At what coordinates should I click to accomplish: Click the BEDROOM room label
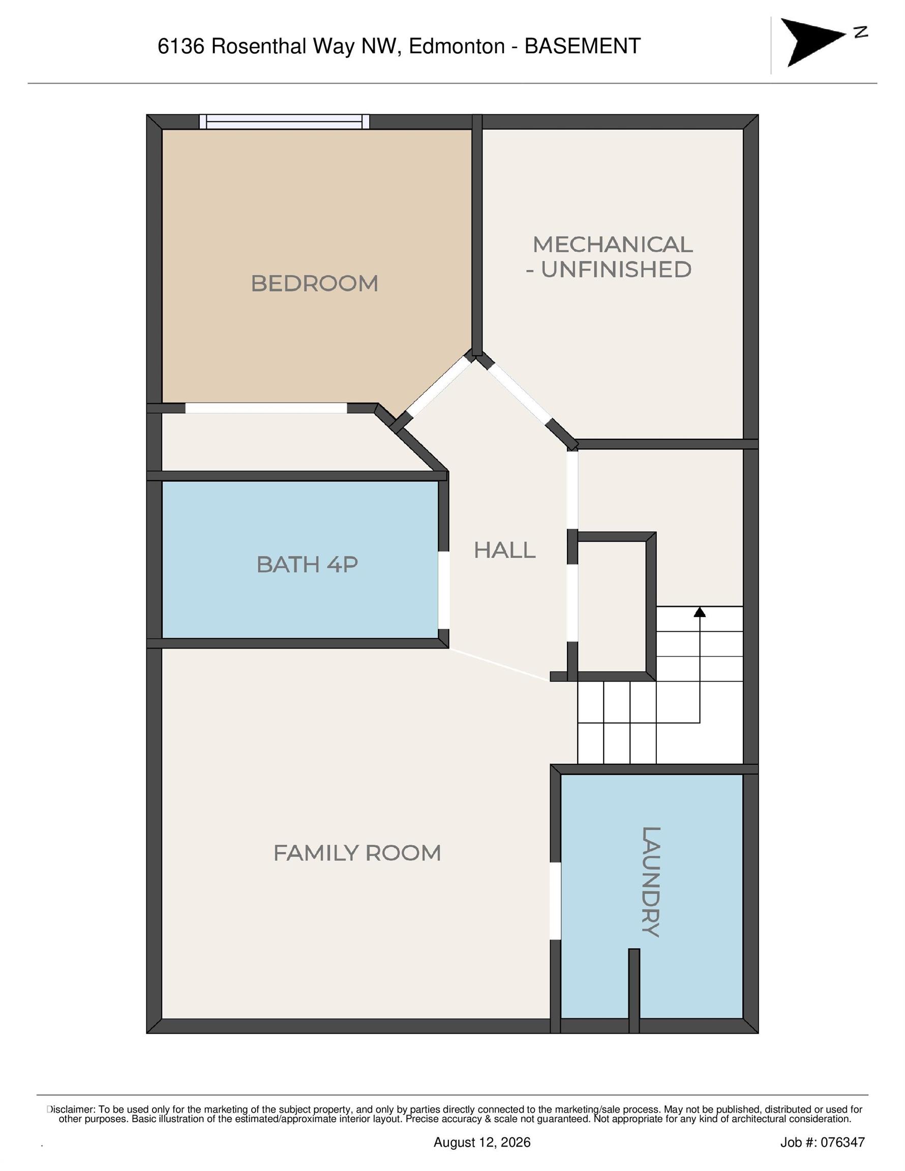[x=314, y=284]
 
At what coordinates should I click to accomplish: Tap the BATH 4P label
[x=307, y=565]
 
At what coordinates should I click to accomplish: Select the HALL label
[x=504, y=550]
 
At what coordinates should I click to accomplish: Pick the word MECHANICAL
[x=613, y=245]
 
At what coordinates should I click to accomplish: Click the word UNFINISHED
[x=616, y=270]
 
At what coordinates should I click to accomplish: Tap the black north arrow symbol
[x=811, y=42]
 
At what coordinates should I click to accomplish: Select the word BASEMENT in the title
[x=582, y=46]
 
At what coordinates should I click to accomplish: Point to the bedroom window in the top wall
[x=284, y=121]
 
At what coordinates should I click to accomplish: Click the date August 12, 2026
[x=482, y=1143]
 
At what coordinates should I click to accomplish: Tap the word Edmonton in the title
[x=457, y=47]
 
